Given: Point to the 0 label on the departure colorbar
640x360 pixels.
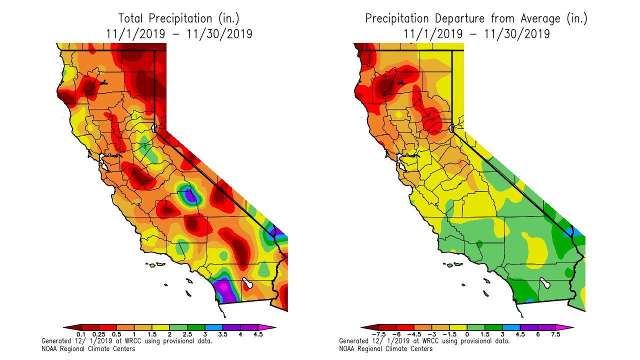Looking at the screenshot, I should click(x=467, y=334).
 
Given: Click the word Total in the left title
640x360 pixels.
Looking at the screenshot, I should click(x=131, y=19).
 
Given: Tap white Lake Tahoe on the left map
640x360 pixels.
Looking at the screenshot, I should click(x=155, y=128).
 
